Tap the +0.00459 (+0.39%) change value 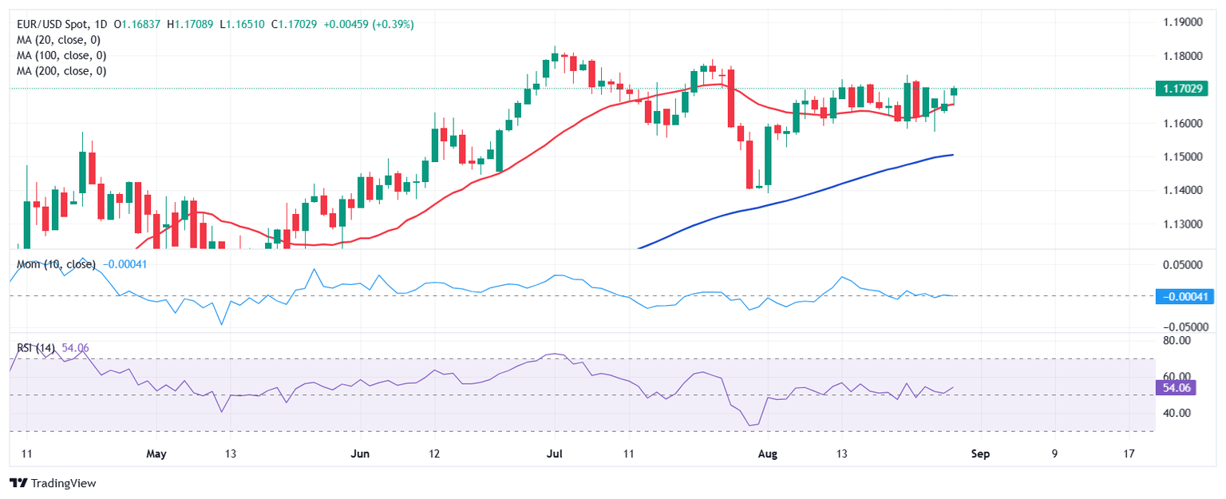pyautogui.click(x=368, y=25)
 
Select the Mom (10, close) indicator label pyautogui.click(x=56, y=264)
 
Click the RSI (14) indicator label pyautogui.click(x=36, y=348)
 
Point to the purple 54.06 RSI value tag pyautogui.click(x=1176, y=388)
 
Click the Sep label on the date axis pyautogui.click(x=980, y=454)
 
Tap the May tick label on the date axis pyautogui.click(x=156, y=454)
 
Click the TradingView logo pyautogui.click(x=52, y=483)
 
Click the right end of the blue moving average pyautogui.click(x=953, y=155)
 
